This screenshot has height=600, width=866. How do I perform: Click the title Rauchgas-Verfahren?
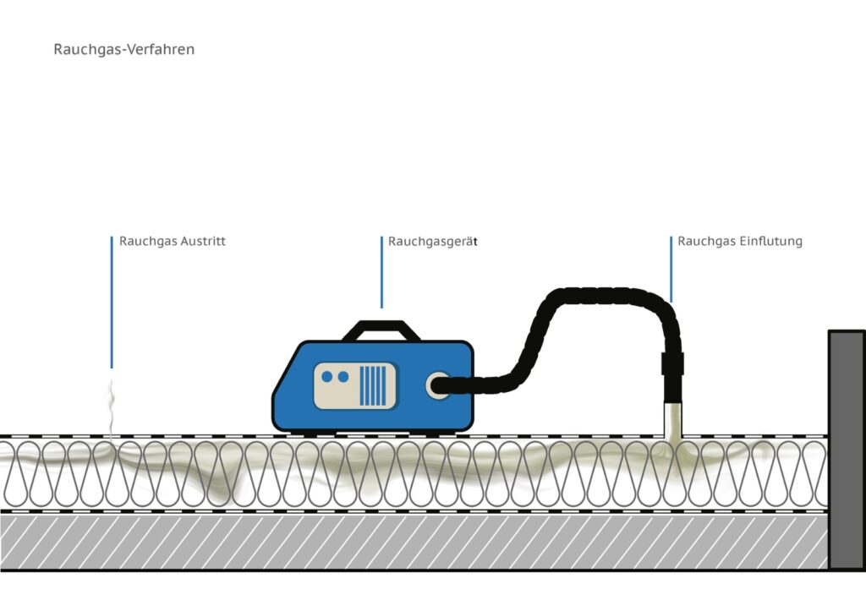[x=124, y=50]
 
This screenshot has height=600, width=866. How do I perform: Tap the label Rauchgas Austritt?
[x=173, y=242]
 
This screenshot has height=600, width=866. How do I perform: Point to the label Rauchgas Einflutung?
[x=740, y=242]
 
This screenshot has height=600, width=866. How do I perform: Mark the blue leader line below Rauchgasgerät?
[x=381, y=272]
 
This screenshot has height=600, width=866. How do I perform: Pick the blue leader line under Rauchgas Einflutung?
[x=671, y=269]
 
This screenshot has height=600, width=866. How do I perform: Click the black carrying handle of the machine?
[x=381, y=329]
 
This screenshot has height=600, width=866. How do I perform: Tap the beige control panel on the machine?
[x=354, y=385]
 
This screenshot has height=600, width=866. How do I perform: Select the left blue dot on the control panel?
[x=327, y=376]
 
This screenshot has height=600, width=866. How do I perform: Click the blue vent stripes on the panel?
[x=373, y=385]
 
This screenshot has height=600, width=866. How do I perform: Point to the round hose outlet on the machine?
[x=437, y=385]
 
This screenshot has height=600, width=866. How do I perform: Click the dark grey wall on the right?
[x=846, y=448]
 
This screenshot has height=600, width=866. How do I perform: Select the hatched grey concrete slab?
[x=414, y=541]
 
